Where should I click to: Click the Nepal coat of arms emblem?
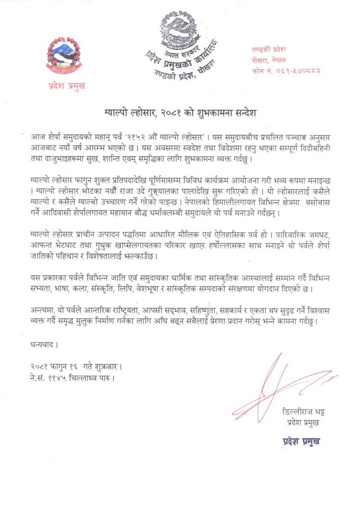[x=63, y=56]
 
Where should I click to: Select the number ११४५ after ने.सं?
[x=59, y=378]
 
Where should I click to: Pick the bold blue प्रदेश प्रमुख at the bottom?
[x=302, y=441]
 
